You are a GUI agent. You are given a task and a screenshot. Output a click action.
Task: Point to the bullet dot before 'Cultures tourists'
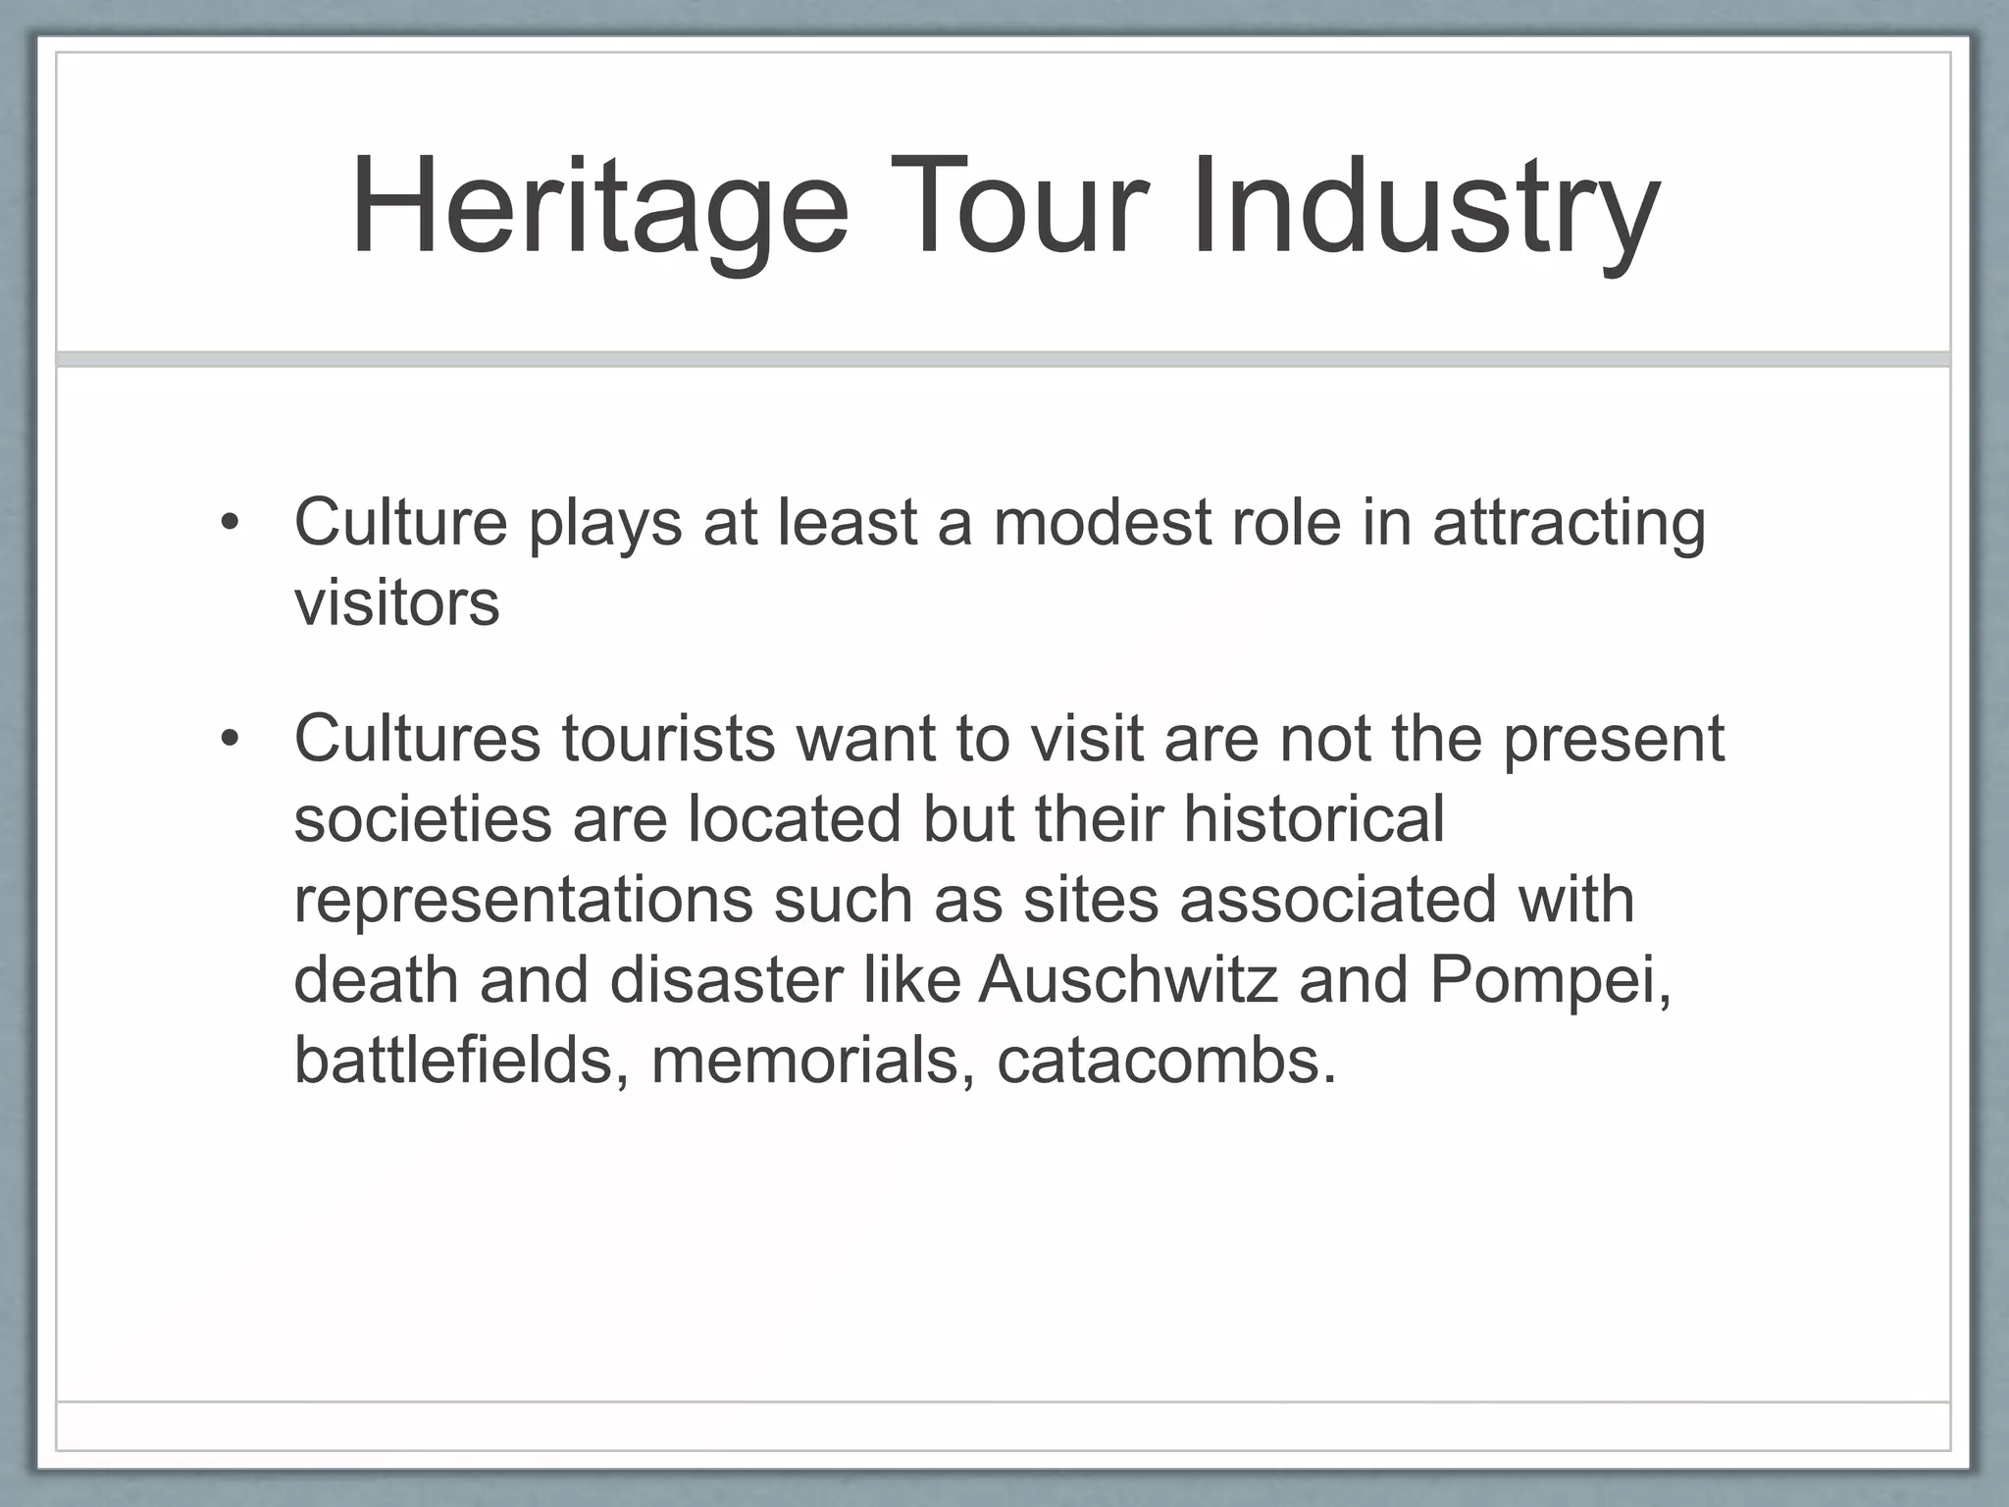[x=230, y=739]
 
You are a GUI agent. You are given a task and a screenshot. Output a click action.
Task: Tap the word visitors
[x=396, y=602]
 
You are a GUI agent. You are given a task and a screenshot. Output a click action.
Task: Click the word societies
[x=423, y=818]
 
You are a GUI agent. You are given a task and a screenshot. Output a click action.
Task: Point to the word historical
[x=1314, y=818]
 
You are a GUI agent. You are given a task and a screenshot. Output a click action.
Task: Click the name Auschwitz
[x=1127, y=980]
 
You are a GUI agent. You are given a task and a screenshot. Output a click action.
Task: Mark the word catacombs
[x=1166, y=1061]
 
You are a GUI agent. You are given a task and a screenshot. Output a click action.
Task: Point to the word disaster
[x=726, y=980]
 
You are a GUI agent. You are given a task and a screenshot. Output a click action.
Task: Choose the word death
[x=376, y=980]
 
